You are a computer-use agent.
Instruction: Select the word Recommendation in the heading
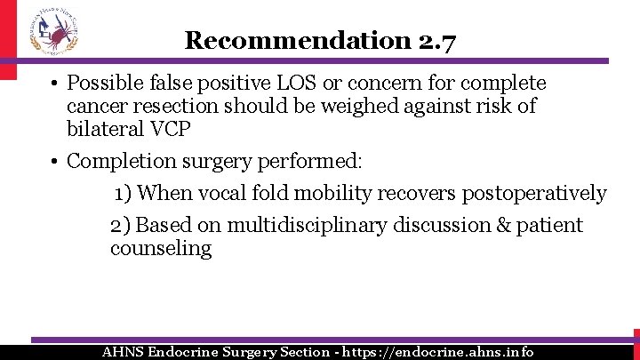(x=296, y=40)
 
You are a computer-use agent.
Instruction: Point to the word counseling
(x=161, y=248)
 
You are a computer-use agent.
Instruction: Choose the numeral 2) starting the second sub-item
(x=121, y=226)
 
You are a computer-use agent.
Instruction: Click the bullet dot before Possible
(x=54, y=84)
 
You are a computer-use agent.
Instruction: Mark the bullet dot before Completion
(x=54, y=162)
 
